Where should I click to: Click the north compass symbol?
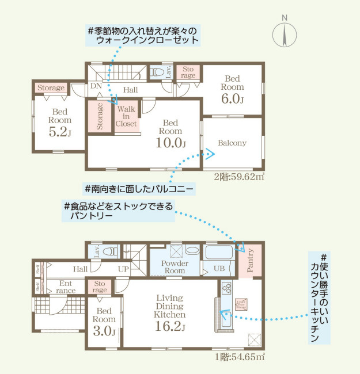point(284,32)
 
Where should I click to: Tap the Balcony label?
point(232,143)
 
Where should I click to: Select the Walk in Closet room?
point(126,116)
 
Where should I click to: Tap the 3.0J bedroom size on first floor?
point(104,331)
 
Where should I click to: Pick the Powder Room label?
point(175,267)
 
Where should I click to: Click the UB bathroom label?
point(219,268)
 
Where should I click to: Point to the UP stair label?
point(124,269)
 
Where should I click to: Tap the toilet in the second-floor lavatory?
point(156,73)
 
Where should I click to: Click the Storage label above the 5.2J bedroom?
point(51,88)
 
